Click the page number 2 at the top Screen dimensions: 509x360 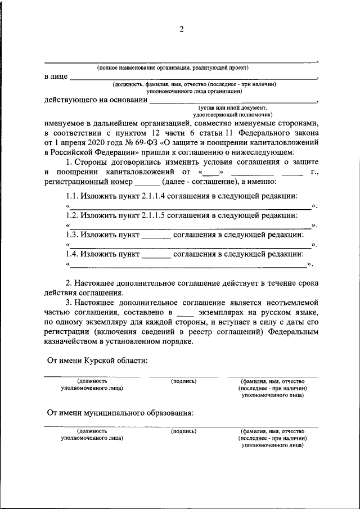pyautogui.click(x=181, y=29)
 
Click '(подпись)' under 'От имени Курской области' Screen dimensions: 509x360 pyautogui.click(x=183, y=381)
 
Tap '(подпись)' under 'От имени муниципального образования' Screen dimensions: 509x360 pyautogui.click(x=183, y=431)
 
